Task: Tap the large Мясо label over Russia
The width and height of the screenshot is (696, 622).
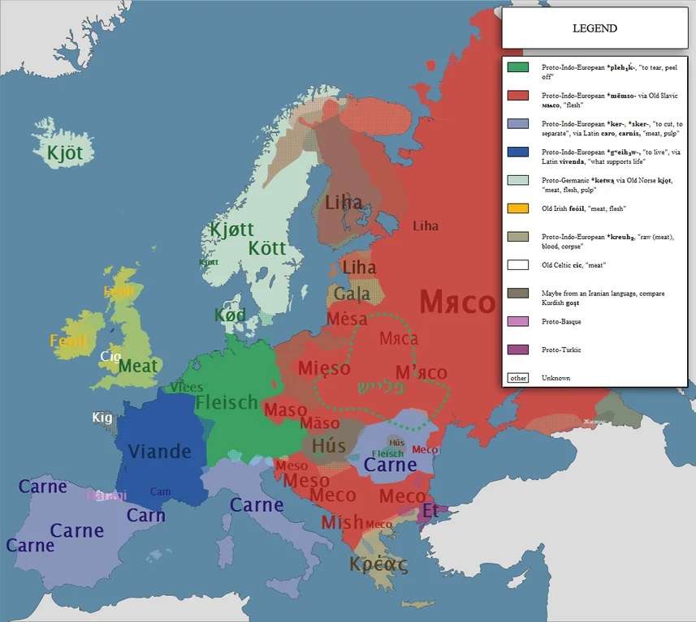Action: [457, 303]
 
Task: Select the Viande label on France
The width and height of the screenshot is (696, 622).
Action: [160, 452]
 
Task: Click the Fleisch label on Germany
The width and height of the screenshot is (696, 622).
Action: [227, 402]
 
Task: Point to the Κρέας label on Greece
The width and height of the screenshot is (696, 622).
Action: [378, 563]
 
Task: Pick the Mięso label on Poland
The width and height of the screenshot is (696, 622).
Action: [324, 368]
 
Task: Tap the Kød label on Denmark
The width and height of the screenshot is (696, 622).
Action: [230, 315]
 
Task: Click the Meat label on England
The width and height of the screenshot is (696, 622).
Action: [138, 366]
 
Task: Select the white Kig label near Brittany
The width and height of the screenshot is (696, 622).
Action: [102, 418]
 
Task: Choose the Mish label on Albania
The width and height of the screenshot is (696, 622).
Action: [342, 522]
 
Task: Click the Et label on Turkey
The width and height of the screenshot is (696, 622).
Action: [430, 511]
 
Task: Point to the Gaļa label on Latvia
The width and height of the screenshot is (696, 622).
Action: [352, 294]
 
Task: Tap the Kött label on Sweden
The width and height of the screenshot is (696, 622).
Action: [267, 247]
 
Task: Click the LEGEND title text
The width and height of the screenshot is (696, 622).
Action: [594, 28]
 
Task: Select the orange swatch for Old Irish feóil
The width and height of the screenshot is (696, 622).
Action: [517, 208]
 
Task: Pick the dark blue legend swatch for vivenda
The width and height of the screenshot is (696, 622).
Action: [517, 152]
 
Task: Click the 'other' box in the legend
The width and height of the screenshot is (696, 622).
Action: [517, 378]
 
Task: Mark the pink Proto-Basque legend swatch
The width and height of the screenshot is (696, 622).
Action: [517, 322]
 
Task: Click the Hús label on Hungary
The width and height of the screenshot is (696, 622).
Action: [329, 445]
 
